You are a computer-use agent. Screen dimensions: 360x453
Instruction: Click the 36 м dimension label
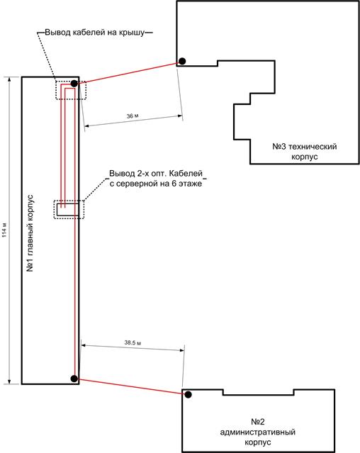(133, 116)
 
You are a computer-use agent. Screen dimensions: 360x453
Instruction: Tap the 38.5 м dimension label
(133, 343)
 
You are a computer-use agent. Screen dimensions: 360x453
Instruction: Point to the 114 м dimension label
(5, 230)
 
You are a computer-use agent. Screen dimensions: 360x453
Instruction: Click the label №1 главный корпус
(30, 233)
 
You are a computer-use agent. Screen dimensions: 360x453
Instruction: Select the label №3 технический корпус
(305, 152)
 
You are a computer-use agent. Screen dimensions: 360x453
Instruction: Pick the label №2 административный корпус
(258, 432)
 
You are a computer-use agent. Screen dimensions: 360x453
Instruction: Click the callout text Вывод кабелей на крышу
(95, 33)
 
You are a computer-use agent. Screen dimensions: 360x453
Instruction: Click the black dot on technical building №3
(182, 61)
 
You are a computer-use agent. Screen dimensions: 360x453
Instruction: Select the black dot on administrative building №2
(189, 395)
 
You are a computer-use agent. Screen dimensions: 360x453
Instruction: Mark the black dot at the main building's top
(74, 84)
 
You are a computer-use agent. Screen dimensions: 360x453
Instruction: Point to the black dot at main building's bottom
(74, 379)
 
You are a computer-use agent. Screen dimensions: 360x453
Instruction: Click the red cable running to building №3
(128, 73)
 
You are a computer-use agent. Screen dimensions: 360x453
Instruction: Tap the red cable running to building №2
(132, 386)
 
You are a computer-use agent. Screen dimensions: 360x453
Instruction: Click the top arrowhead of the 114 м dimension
(9, 80)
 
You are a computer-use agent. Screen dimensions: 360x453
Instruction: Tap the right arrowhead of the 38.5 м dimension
(182, 350)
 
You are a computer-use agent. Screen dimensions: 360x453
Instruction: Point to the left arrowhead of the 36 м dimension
(87, 125)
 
